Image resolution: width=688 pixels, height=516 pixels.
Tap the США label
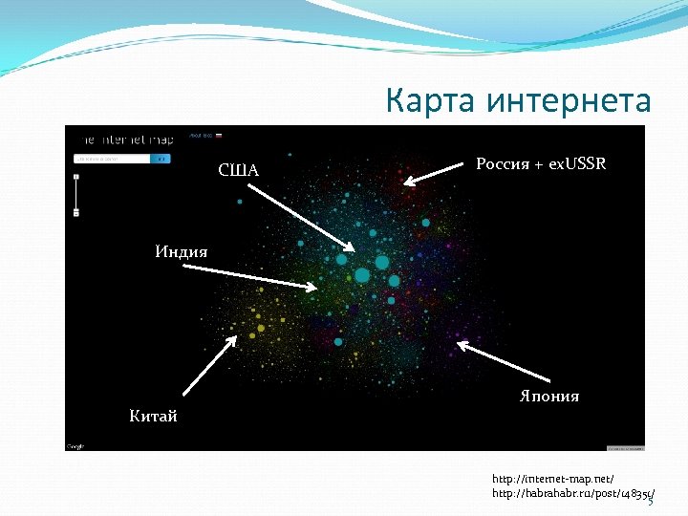tap(238, 170)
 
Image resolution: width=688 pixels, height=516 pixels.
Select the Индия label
tap(182, 251)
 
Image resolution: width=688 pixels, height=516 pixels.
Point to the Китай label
tap(153, 416)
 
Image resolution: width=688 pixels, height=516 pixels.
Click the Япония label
tap(548, 396)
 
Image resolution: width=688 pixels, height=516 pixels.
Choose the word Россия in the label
tap(503, 163)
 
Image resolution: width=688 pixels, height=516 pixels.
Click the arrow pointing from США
tap(307, 218)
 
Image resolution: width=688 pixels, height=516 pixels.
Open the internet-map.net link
tap(552, 478)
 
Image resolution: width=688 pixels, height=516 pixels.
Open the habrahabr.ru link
tap(571, 493)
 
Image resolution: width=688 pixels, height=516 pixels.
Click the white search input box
tap(111, 158)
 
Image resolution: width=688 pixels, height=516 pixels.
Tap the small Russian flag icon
tap(218, 136)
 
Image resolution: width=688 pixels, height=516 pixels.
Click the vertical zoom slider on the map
tap(76, 195)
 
